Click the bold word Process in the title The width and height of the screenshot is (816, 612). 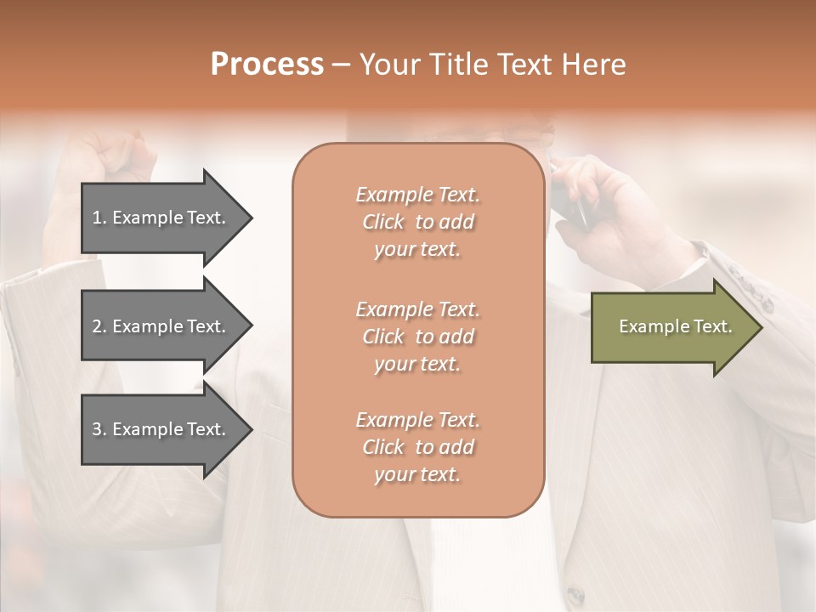267,65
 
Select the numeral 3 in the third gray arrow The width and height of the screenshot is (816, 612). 97,430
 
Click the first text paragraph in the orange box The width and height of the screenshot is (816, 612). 417,222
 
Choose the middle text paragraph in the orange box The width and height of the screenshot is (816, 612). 417,336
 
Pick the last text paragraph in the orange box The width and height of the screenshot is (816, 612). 417,447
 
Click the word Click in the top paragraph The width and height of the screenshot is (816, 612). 383,222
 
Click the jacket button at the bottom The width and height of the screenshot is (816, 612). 577,595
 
